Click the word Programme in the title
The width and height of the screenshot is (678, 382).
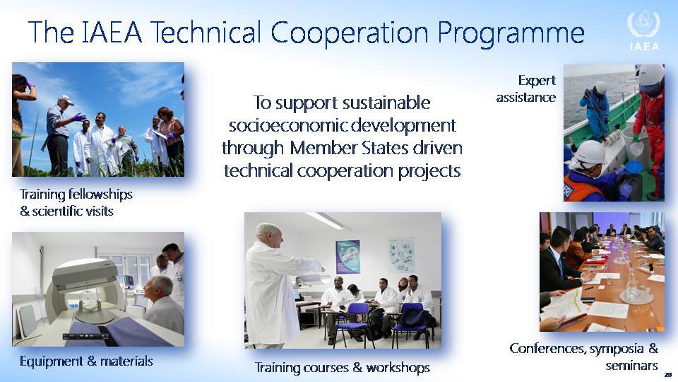click(x=511, y=33)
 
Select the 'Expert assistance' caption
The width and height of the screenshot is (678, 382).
click(x=525, y=88)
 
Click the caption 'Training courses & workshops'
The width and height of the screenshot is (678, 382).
click(x=342, y=367)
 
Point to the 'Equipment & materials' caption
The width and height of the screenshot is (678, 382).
click(x=86, y=361)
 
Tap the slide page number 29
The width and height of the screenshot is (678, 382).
click(x=668, y=374)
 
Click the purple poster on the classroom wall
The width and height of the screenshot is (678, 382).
click(x=347, y=256)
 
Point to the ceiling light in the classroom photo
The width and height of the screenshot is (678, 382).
click(x=324, y=221)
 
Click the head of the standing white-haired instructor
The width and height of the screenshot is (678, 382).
click(x=268, y=235)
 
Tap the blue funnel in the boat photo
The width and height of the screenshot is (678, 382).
click(x=634, y=167)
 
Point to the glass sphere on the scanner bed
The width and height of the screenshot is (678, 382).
click(x=90, y=299)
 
